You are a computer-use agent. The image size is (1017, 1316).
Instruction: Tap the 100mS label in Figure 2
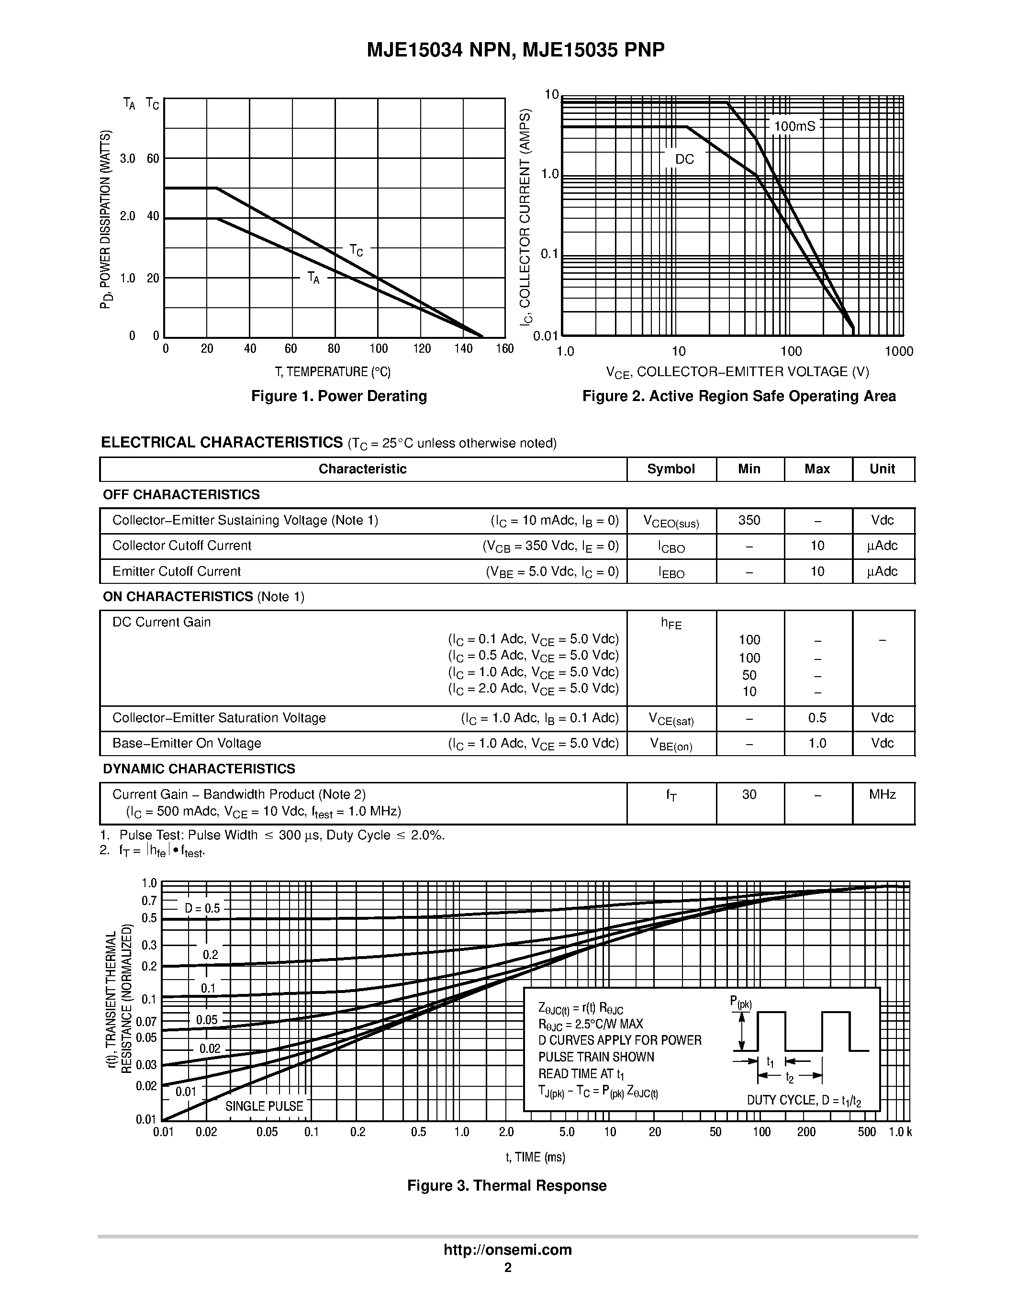[794, 126]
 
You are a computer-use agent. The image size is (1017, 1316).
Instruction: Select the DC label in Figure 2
[684, 160]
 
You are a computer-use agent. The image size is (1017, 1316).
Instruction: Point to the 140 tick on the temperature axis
[463, 349]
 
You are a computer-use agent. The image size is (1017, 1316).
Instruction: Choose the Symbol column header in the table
[671, 469]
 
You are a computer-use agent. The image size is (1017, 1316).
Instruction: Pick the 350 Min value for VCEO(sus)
[749, 521]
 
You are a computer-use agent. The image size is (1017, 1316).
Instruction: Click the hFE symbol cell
[671, 624]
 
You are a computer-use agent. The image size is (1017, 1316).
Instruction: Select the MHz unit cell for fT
[882, 795]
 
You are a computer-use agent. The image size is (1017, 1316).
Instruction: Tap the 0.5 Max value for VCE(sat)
[817, 718]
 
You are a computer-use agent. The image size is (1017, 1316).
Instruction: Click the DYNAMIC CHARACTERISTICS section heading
[199, 770]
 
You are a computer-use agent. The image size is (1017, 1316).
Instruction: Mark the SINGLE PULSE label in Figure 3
[264, 1106]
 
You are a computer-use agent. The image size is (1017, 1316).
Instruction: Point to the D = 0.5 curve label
[202, 909]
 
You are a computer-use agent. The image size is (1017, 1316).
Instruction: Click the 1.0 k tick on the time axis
[900, 1132]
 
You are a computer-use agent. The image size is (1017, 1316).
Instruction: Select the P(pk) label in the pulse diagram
[740, 1002]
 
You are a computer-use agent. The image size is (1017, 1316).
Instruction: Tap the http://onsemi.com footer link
[507, 1249]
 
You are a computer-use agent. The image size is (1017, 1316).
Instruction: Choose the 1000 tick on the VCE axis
[899, 352]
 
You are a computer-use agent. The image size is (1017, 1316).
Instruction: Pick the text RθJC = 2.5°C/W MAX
[591, 1025]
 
